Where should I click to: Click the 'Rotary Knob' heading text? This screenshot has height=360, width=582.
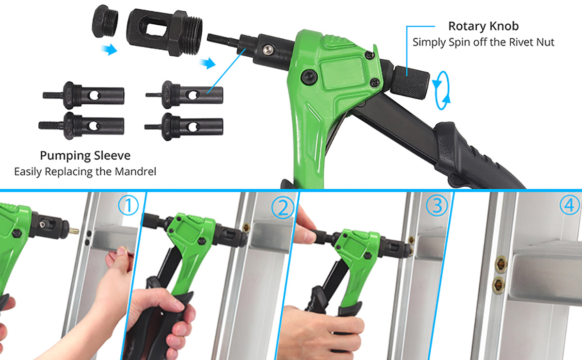coord(483,26)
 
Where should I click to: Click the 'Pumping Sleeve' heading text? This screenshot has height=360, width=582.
coord(85,156)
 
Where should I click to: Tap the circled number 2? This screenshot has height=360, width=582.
coord(282,208)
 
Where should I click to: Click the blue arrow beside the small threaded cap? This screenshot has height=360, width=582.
coord(110,49)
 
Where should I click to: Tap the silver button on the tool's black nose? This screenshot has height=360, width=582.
coord(266,49)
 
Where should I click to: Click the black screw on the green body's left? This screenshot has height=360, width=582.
coord(308,76)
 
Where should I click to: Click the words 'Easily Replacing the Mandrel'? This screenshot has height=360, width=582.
coord(85,172)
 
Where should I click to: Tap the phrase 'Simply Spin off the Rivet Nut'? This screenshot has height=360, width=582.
coord(483,42)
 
